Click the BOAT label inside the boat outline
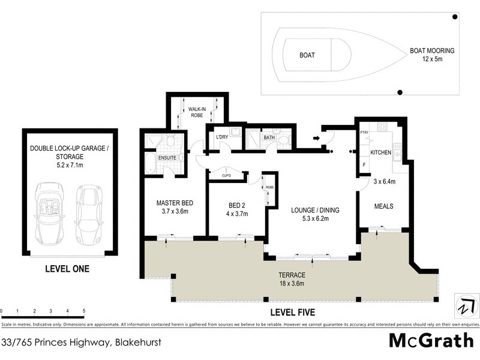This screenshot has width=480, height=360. click(307, 55)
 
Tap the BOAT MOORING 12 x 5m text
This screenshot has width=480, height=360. click(431, 55)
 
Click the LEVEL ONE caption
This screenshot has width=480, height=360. click(67, 269)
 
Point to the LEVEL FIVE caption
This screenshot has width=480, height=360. click(293, 313)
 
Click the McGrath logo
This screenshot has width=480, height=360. click(431, 340)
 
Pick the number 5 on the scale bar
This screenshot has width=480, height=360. click(83, 311)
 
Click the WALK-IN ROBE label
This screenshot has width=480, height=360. click(197, 112)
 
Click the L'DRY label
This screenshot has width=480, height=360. click(223, 137)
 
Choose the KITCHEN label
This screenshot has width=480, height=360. click(380, 153)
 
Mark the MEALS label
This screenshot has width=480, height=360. click(383, 206)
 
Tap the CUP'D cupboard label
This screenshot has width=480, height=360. click(227, 176)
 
